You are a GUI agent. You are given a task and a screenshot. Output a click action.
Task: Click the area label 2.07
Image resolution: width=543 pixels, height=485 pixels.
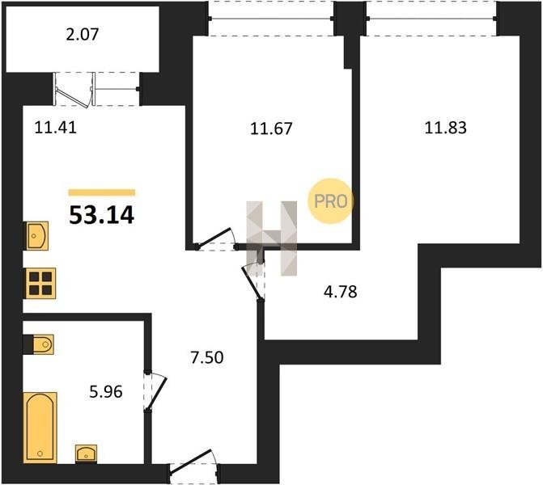(x=83, y=35)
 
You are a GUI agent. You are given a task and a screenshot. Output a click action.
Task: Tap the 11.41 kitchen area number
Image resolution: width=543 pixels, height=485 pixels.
(x=55, y=128)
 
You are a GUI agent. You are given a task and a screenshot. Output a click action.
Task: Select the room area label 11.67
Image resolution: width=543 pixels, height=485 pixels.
(x=271, y=129)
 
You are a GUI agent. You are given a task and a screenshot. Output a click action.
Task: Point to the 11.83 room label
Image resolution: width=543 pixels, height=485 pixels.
(x=446, y=128)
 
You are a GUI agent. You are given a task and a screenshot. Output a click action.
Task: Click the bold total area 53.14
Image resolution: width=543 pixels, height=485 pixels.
(x=101, y=215)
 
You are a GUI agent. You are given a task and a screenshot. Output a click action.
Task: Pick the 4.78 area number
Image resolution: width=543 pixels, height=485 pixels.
(x=341, y=292)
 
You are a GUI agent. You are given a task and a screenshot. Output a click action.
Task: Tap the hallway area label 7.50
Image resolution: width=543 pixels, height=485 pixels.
(x=207, y=357)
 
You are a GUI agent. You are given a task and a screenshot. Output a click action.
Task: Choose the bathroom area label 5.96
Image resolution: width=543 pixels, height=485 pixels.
(x=106, y=392)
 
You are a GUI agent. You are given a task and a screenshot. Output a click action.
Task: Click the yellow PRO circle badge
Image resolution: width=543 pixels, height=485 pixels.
(x=331, y=201)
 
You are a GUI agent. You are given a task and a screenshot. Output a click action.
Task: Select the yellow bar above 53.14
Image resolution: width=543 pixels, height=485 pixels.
(x=102, y=192)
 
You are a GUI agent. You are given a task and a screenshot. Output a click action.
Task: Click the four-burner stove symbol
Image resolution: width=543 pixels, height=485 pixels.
(x=40, y=283)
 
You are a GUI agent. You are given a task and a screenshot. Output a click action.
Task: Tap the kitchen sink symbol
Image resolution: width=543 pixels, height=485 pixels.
(x=36, y=236)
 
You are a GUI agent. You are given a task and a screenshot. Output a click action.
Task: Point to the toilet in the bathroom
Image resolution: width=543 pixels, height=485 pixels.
(x=39, y=344)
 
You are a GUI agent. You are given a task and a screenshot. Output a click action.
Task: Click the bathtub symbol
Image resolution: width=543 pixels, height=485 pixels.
(x=40, y=428)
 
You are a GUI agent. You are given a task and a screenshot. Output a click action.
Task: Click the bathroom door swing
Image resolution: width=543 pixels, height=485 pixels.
(x=155, y=392)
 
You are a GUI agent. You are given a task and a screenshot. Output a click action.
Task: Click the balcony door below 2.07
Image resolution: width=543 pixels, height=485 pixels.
(x=74, y=89)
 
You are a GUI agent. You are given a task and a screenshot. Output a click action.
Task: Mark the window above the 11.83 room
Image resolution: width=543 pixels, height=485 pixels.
(x=432, y=19)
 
